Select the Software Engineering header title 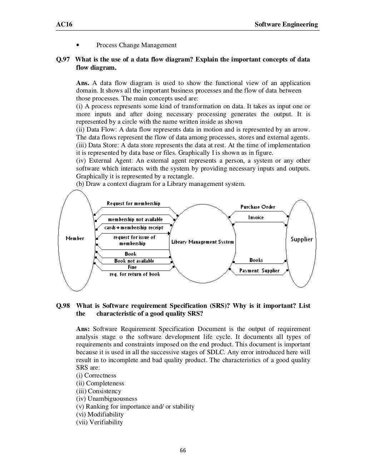(286, 24)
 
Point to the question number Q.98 (63, 306)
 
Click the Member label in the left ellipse (75, 238)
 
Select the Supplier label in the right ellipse (301, 239)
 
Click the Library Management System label (202, 242)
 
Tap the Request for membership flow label (133, 203)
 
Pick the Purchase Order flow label (258, 207)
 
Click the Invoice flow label (256, 217)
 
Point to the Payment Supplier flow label (259, 271)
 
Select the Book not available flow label (134, 261)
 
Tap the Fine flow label (132, 267)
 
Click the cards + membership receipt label (134, 227)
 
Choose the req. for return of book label (135, 274)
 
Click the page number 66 (183, 450)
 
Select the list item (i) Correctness (96, 375)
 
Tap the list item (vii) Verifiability (99, 422)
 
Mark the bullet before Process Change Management (78, 45)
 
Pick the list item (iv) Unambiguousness (107, 399)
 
